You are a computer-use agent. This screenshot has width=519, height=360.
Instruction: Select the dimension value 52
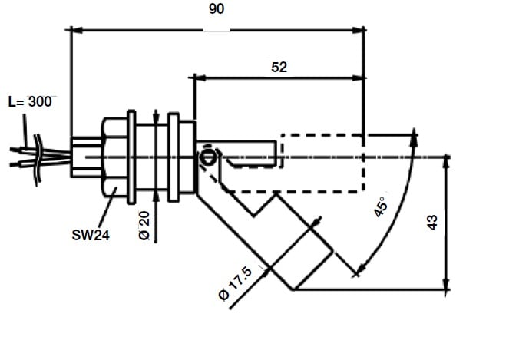[279, 67]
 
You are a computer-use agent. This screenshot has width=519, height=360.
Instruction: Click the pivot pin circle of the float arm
[207, 158]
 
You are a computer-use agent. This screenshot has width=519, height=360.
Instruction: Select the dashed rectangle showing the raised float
[322, 163]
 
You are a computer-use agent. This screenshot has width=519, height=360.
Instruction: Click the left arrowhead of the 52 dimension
[200, 78]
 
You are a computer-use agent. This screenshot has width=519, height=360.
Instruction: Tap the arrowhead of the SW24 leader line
[116, 187]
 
